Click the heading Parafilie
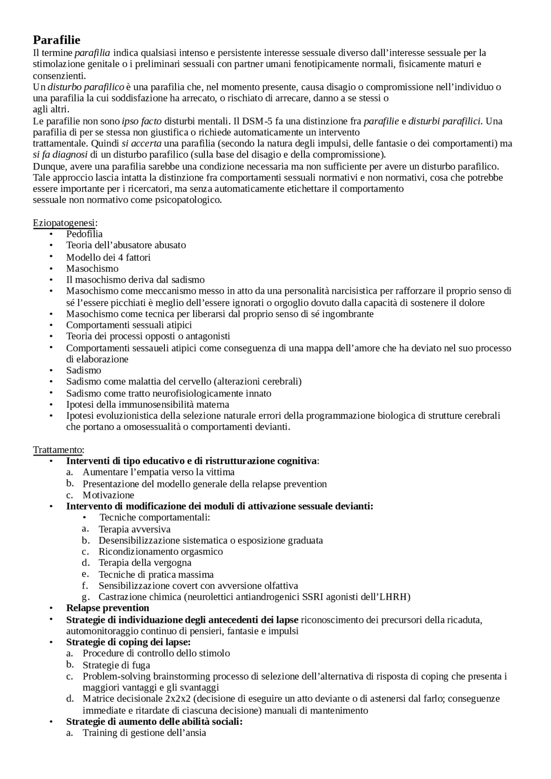coord(56,40)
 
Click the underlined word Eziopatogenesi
coord(64,222)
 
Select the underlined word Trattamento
coord(57,450)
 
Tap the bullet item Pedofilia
coord(84,234)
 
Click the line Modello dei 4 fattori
coord(108,257)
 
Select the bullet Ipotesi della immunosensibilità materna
coord(147,404)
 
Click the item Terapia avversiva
coord(134,529)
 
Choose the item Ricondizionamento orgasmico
coord(161,551)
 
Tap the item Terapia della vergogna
coord(145,563)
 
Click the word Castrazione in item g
coord(120,597)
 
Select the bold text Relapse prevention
coord(108,608)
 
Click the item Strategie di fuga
coord(116,665)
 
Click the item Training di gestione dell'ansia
coord(144,733)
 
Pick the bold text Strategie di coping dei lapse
coord(128,642)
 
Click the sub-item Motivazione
coord(108,495)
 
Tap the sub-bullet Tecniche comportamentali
coord(155,517)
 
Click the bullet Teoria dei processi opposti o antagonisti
coord(148,336)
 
